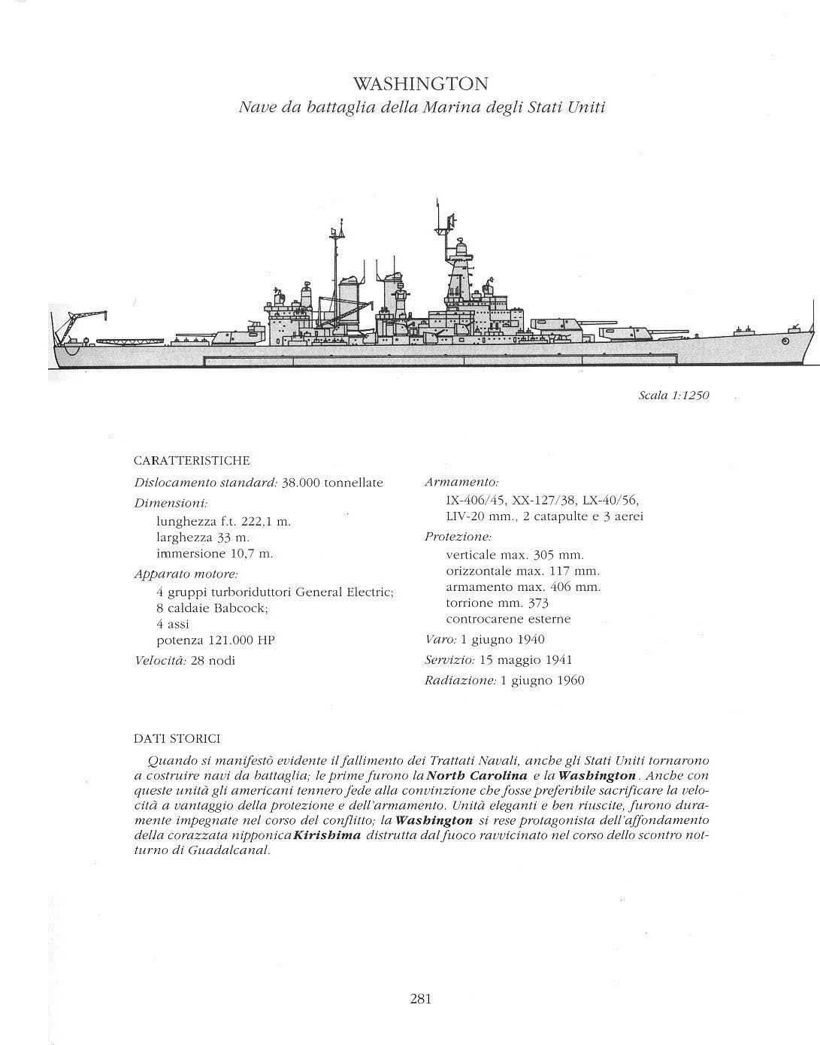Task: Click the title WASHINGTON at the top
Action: click(x=420, y=83)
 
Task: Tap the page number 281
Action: click(x=420, y=998)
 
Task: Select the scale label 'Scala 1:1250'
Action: click(x=673, y=395)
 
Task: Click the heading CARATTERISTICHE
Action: click(x=191, y=461)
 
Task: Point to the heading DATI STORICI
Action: click(x=177, y=740)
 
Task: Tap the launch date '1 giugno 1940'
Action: click(x=503, y=640)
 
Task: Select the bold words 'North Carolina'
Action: click(x=477, y=775)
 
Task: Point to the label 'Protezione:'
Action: click(x=458, y=537)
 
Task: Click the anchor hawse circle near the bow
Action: click(x=785, y=342)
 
